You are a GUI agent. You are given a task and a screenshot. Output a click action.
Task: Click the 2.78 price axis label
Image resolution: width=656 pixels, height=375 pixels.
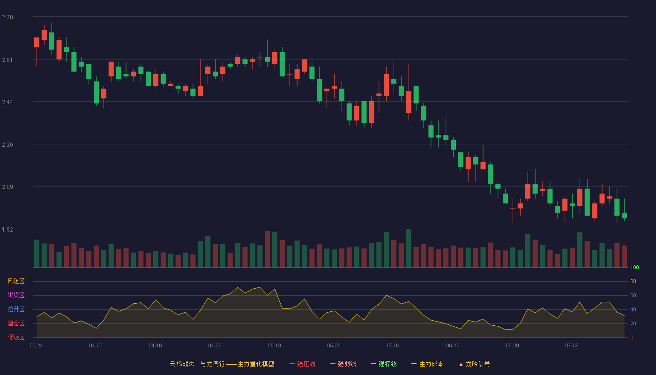tap(7, 17)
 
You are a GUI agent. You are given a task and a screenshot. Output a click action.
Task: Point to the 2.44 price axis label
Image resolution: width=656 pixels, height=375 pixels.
tap(7, 102)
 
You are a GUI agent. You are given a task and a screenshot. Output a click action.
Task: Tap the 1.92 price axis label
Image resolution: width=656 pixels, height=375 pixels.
tap(7, 229)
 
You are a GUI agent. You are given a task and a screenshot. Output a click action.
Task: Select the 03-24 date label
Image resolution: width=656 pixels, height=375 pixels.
tap(37, 346)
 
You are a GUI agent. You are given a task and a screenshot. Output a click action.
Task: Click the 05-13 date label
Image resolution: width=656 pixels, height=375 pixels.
tap(274, 346)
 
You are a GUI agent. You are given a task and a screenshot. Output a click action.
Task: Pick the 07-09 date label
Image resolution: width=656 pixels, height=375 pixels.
tap(572, 346)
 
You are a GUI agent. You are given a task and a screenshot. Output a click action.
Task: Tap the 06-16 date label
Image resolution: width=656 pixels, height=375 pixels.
tap(453, 346)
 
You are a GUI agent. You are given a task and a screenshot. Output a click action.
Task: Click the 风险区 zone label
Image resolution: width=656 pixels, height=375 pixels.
tap(16, 281)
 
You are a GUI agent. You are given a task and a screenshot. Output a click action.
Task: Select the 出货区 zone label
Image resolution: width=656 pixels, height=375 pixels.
tap(16, 295)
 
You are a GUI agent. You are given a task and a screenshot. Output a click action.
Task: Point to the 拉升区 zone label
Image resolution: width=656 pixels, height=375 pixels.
tap(16, 309)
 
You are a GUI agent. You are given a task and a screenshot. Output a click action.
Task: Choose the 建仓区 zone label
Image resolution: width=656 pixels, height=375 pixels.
tap(16, 323)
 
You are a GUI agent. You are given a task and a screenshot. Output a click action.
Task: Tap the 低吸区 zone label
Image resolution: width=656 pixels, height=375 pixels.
tap(16, 337)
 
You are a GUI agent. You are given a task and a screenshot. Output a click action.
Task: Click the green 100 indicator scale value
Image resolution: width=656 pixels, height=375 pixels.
tap(634, 267)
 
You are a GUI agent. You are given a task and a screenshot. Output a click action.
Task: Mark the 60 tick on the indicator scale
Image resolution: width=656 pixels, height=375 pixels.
tap(633, 295)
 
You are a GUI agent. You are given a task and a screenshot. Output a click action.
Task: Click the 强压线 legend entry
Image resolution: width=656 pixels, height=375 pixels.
tap(302, 364)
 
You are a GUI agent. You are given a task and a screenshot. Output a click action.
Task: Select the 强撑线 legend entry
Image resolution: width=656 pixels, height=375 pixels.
tap(384, 364)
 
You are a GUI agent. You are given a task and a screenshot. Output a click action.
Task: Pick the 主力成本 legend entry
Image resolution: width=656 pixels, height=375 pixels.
tap(427, 364)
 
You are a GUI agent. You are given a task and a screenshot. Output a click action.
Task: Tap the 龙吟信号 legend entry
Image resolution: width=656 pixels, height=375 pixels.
tap(474, 364)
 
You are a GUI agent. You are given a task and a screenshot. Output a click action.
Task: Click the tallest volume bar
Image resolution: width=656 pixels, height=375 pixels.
tap(409, 248)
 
